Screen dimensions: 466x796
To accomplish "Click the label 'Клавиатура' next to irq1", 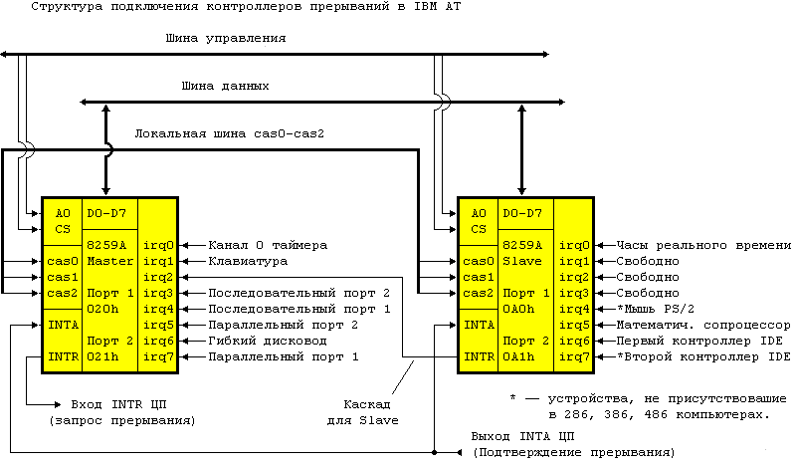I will (x=248, y=261).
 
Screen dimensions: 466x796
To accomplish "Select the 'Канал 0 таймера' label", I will (x=267, y=245).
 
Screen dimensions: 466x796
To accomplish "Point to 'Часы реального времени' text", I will (x=703, y=245).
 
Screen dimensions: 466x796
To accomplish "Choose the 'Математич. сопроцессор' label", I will (x=703, y=325).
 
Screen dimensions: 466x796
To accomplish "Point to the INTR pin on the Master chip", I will (x=62, y=356).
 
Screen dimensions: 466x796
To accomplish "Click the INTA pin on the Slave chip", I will (x=479, y=325).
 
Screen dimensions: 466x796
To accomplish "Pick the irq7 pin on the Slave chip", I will (x=574, y=356).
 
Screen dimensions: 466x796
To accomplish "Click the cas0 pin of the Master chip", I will (x=62, y=261).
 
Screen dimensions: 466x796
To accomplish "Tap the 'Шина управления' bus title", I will (x=228, y=39).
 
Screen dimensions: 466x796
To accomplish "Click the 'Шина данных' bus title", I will (x=225, y=87).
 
